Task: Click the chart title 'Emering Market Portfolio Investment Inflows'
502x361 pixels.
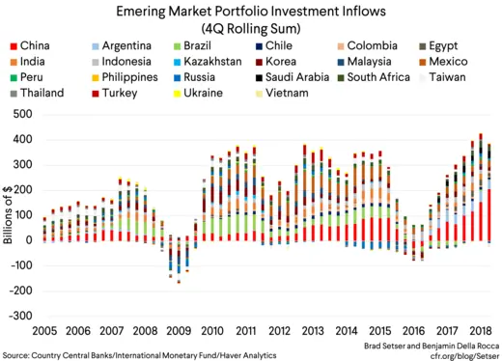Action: [x=250, y=11]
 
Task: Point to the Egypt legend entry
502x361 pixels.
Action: [x=446, y=45]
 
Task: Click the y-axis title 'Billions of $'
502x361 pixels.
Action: [x=8, y=214]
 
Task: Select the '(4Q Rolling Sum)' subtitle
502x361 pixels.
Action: [x=250, y=27]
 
